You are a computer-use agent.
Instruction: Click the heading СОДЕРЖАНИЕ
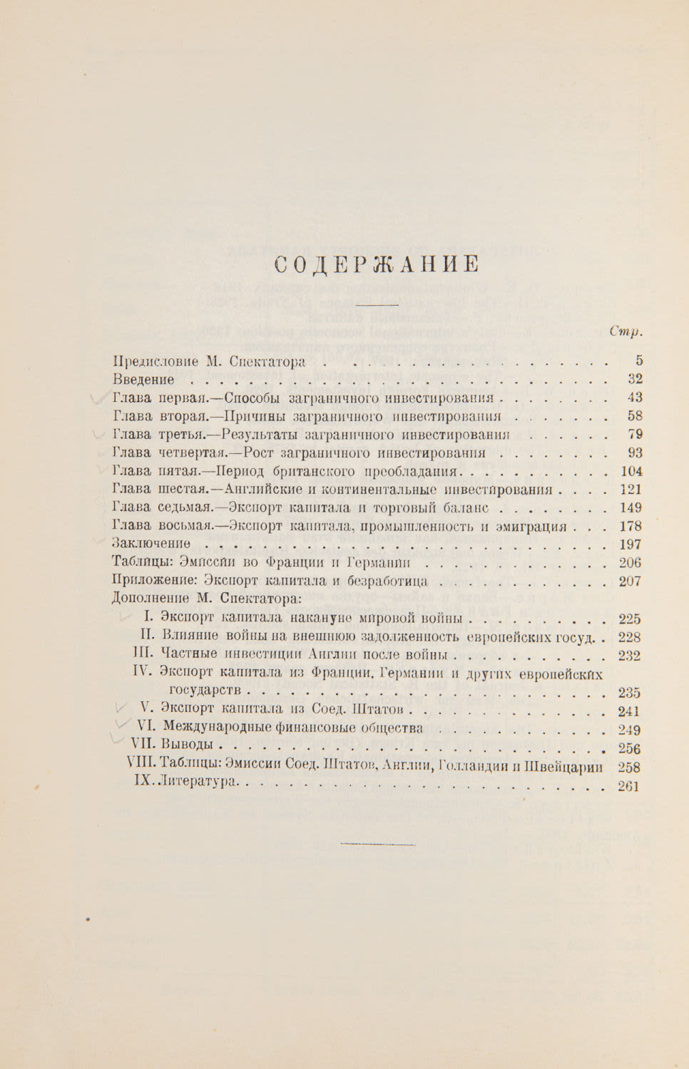click(x=377, y=264)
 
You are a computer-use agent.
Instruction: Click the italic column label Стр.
click(x=626, y=331)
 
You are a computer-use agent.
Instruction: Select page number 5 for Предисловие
click(x=638, y=361)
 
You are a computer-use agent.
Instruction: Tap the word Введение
click(x=143, y=379)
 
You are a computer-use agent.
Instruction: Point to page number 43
click(x=634, y=398)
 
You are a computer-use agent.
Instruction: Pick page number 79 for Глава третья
click(x=634, y=434)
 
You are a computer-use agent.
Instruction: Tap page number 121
click(x=631, y=490)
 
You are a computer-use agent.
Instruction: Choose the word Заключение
click(x=151, y=544)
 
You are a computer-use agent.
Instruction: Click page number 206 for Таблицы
click(x=631, y=563)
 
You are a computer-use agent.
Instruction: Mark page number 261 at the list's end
click(x=629, y=786)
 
